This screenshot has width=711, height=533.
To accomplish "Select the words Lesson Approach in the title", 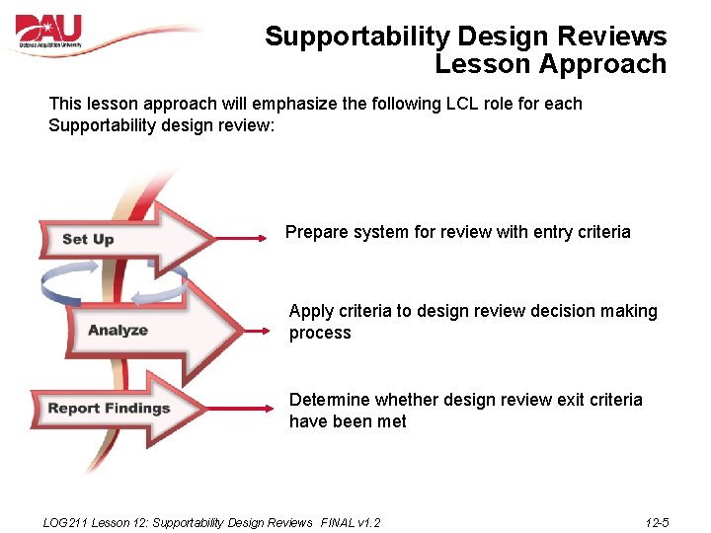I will coord(550,64).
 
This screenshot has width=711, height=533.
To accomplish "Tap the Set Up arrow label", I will coord(88,239).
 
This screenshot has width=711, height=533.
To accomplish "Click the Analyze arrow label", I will coord(118,330).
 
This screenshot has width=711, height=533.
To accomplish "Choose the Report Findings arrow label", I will coord(109,408).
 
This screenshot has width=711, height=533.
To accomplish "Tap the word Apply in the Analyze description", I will coord(311,311).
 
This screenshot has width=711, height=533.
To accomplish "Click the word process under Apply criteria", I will coord(320,334).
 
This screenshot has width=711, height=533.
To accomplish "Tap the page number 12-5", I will coord(657,522).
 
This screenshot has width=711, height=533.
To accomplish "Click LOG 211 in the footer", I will coord(65,522).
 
